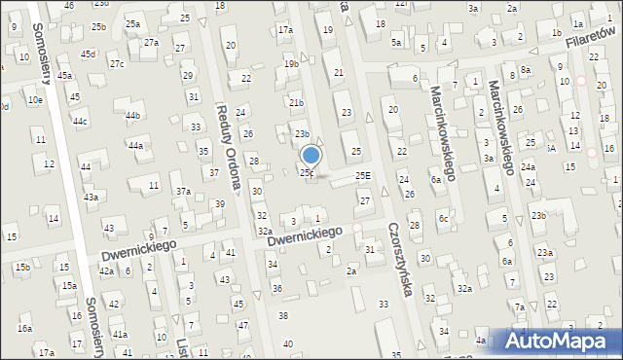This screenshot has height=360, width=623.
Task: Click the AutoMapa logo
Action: coord(563,341)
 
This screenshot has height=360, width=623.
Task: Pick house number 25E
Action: coord(363,175)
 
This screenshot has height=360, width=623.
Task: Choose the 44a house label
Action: coord(135,145)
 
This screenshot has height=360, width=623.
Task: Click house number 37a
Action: coord(182,191)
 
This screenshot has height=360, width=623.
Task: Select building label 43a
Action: coord(91,197)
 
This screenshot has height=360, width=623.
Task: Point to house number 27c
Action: coord(117,64)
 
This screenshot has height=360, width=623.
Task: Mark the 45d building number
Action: coord(89,54)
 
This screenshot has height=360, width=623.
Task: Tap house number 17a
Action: coord(285,30)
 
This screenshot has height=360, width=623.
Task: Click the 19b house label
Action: coord(291,63)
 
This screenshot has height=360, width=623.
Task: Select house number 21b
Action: coord(297,102)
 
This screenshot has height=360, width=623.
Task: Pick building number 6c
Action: coord(443,218)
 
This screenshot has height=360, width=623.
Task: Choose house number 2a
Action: coord(351,272)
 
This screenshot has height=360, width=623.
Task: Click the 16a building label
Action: coord(23,329)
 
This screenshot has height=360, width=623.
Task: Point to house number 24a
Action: coord(527,167)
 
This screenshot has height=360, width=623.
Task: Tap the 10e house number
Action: coord(35,99)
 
